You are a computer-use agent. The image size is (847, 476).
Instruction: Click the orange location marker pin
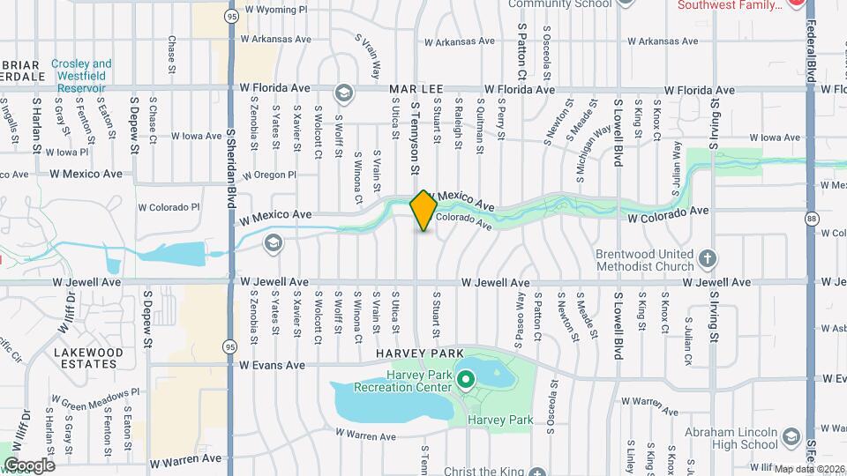pyautogui.click(x=423, y=210)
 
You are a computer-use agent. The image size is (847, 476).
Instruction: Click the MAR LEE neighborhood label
pyautogui.click(x=414, y=90)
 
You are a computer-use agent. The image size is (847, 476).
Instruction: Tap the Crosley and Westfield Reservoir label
pyautogui.click(x=81, y=76)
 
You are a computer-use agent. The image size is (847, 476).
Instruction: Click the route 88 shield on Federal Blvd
pyautogui.click(x=810, y=218)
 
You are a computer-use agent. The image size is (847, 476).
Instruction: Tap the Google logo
pyautogui.click(x=28, y=465)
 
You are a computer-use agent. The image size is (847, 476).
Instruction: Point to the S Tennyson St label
pyautogui.click(x=413, y=137)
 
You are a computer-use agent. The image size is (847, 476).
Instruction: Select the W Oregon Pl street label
pyautogui.click(x=269, y=175)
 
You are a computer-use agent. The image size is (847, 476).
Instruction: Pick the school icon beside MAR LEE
pyautogui.click(x=343, y=93)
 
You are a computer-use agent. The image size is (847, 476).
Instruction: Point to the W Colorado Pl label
pyautogui.click(x=169, y=208)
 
